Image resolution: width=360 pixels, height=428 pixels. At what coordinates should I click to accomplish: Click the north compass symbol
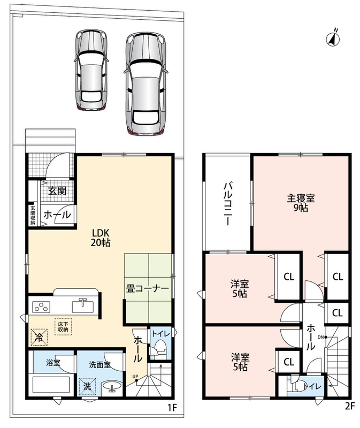tap(333, 38)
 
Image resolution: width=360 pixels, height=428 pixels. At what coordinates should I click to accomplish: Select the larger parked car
tap(145, 83)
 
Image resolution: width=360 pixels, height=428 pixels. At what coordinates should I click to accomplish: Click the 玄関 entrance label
tap(57, 191)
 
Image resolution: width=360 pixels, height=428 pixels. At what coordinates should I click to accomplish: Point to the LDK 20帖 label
tap(101, 238)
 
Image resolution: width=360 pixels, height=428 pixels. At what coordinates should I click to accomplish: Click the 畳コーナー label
tap(148, 289)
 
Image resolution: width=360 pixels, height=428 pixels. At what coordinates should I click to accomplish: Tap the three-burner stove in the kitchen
tap(42, 307)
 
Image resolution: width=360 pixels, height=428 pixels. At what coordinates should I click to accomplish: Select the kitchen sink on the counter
tap(83, 305)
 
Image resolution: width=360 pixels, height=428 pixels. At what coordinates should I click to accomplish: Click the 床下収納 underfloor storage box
tap(63, 327)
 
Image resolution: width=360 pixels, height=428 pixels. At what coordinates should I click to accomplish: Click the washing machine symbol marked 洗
tap(87, 386)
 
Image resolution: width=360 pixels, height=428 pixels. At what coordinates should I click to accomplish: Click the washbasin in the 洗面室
tap(112, 387)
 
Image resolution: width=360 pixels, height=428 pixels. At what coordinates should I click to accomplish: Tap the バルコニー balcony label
tap(228, 204)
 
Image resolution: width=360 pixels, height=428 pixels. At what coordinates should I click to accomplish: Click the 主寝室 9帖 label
tap(301, 203)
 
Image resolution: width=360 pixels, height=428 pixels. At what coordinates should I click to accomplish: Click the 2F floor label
tap(350, 406)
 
